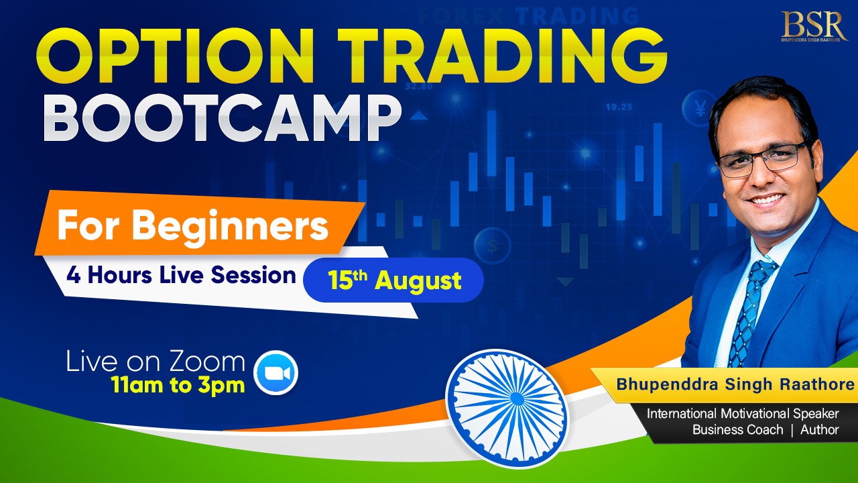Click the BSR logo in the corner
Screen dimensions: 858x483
coord(814,26)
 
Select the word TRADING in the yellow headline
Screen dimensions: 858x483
coord(502,56)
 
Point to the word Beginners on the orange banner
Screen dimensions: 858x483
coord(230,226)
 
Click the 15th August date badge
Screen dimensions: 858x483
coord(393,280)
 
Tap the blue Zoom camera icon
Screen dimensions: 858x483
coord(275,372)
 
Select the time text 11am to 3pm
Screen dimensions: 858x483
coord(178,384)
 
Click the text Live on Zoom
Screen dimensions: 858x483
coord(156,361)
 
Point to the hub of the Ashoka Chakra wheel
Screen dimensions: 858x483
coord(517,399)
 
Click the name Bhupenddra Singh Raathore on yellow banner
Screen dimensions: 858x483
coord(735,384)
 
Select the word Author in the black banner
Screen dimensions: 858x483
coord(819,430)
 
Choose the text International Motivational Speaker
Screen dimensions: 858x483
coord(743,414)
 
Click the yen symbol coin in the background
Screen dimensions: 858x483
coord(700,108)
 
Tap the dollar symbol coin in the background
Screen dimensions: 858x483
coord(492,246)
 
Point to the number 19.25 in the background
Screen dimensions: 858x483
coord(619,107)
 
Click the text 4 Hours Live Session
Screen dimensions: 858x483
coord(181,275)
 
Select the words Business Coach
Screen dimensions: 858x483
coord(738,430)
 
